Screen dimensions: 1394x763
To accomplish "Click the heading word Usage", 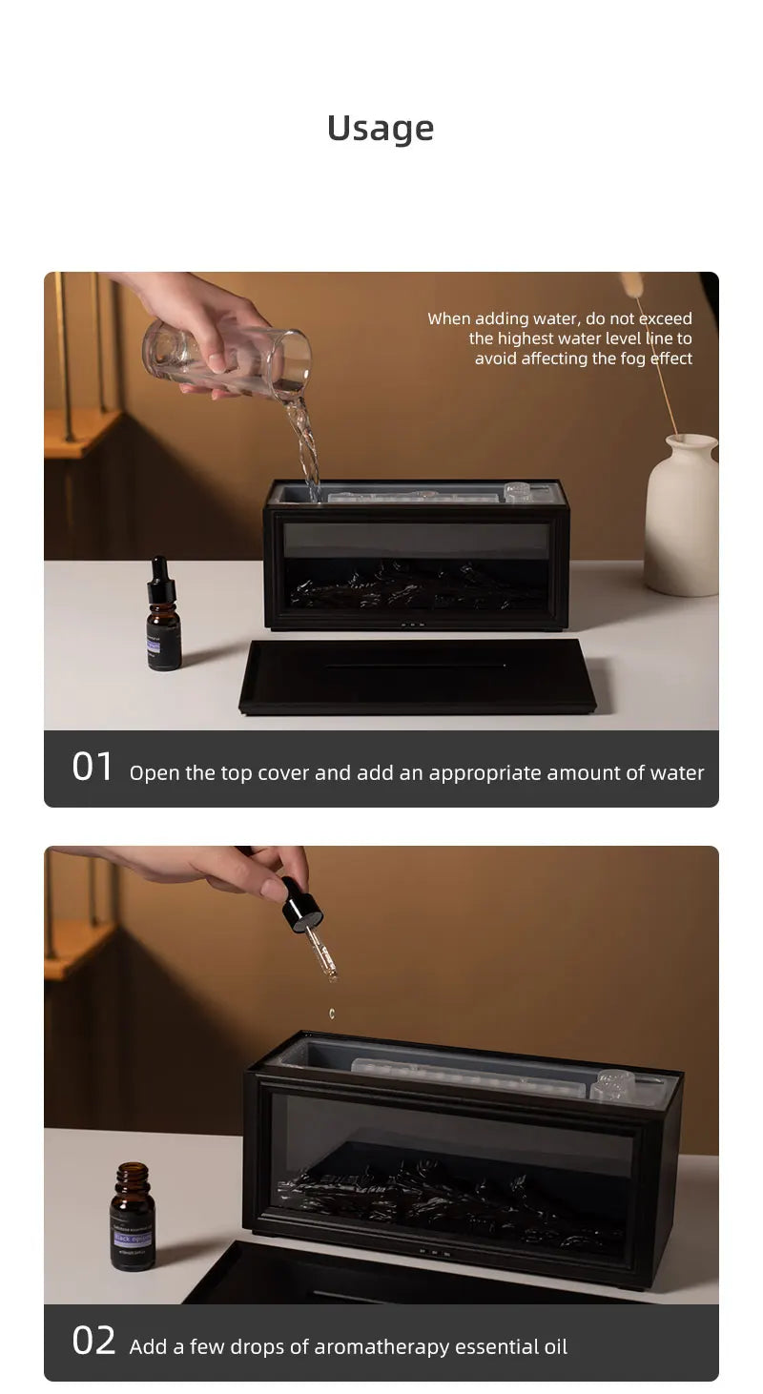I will [381, 128].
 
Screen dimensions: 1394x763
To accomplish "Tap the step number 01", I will [93, 767].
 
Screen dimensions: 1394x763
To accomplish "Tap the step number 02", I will [93, 1341].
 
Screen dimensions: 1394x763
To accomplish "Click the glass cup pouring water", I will [229, 358].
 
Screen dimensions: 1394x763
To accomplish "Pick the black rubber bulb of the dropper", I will [300, 905].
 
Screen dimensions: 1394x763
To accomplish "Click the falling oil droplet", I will [332, 1014].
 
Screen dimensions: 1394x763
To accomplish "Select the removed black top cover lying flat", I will [417, 676].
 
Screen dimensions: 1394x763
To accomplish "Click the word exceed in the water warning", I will [664, 318].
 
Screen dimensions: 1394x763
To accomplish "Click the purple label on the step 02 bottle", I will [132, 1238].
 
